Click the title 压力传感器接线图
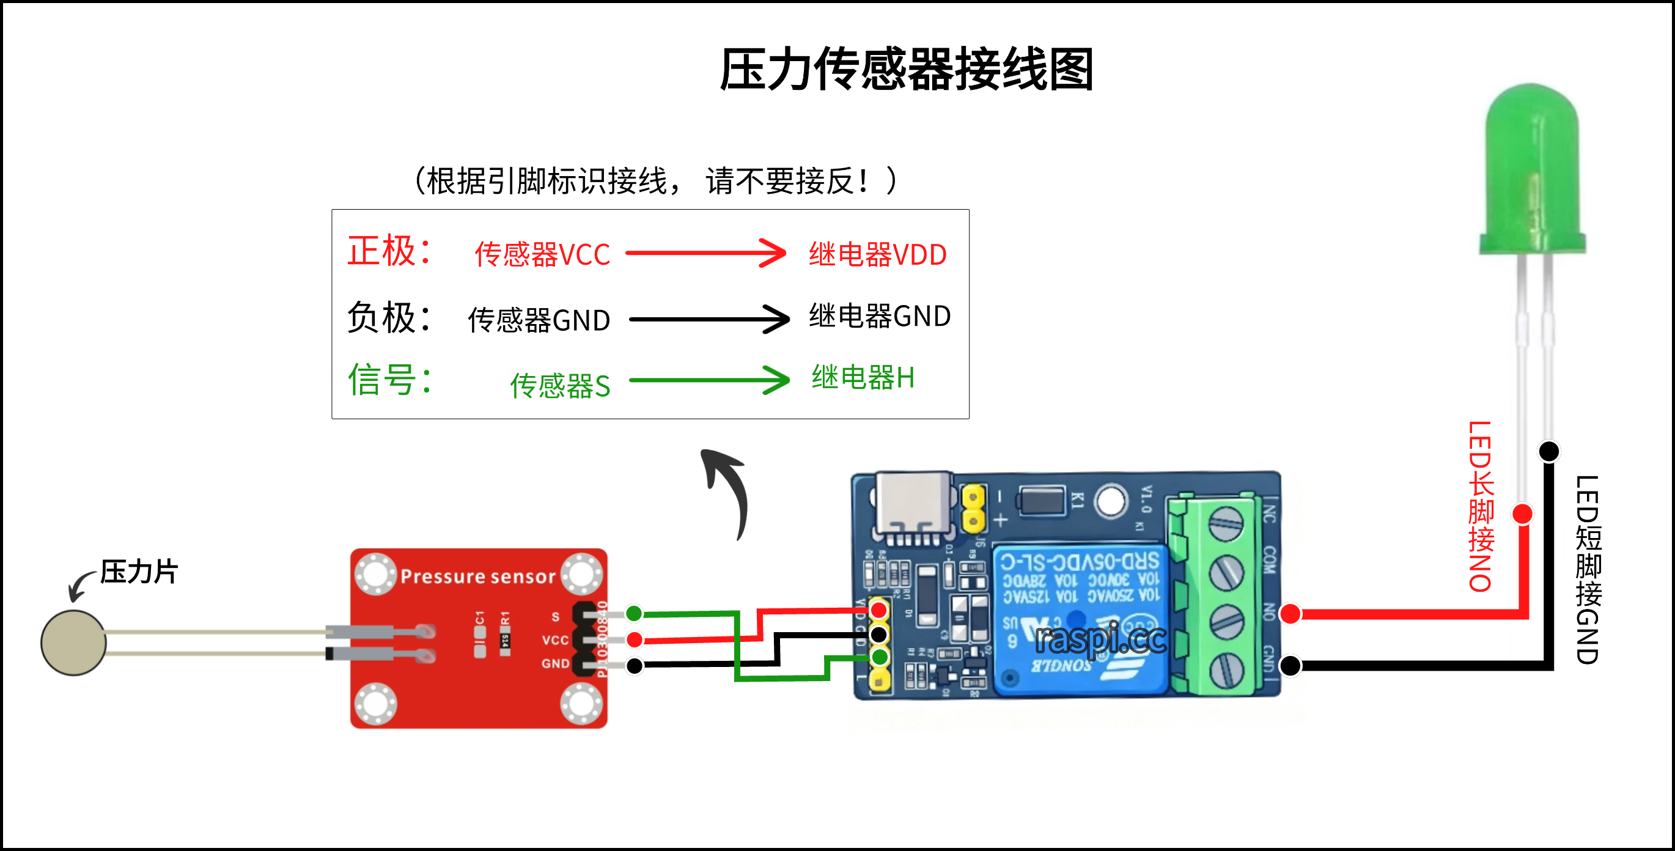coord(907,69)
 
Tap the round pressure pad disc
coord(73,643)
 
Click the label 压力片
coord(139,572)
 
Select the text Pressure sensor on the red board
coord(478,577)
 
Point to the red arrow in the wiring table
coord(706,253)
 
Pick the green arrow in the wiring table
coord(709,380)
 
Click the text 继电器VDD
coord(877,254)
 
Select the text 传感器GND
coord(539,320)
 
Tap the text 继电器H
coord(863,378)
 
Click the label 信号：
coord(389,380)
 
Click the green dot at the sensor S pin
coord(634,613)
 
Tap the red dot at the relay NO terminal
coord(1290,613)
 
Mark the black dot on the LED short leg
coord(1549,451)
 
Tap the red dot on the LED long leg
coord(1523,514)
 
